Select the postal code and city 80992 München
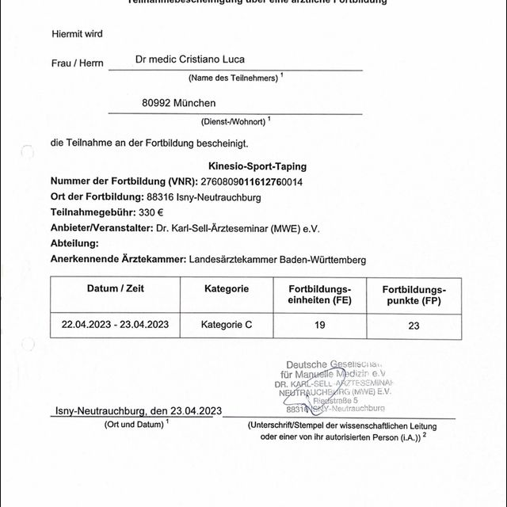pos(178,103)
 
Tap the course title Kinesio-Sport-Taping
pos(257,167)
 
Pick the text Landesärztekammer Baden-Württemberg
pos(279,259)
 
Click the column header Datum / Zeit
pos(115,289)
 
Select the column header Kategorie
pos(226,289)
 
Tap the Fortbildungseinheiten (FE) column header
pos(319,295)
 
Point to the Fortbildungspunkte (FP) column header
pos(414,295)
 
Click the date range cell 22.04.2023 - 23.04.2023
pos(115,325)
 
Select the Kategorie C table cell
pos(226,325)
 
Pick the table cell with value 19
pos(319,325)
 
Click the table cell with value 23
pos(414,325)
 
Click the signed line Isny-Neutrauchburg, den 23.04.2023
pos(139,411)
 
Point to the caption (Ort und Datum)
pos(136,425)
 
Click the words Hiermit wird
pos(77,34)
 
